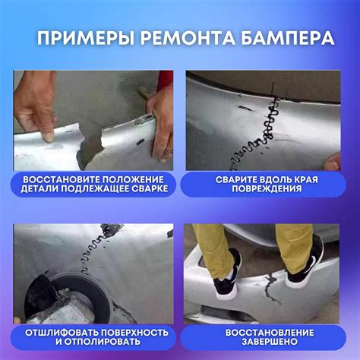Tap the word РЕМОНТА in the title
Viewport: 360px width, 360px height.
point(187,39)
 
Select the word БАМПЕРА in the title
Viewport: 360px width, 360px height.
point(287,39)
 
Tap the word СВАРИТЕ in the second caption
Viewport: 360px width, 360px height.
point(236,179)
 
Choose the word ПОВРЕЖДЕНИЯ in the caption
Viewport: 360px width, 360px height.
point(267,188)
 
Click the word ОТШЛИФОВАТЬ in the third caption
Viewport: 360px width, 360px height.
point(61,333)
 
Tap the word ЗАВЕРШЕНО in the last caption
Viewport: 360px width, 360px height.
point(270,342)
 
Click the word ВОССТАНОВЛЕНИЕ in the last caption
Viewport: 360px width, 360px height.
point(270,333)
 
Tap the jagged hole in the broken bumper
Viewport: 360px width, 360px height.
point(90,146)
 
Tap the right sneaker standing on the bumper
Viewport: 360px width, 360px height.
point(305,264)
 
